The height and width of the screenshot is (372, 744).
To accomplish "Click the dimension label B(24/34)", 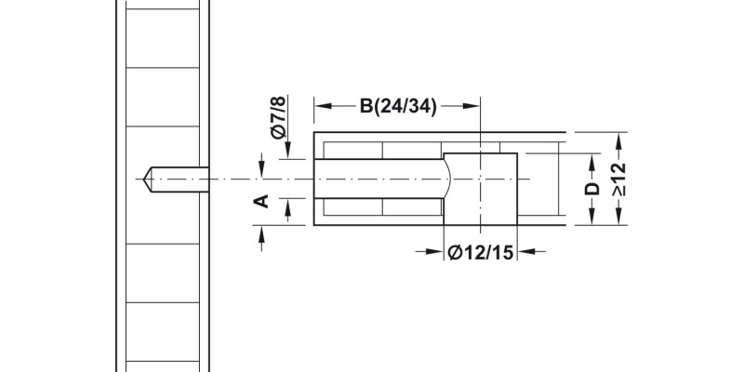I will [x=398, y=105].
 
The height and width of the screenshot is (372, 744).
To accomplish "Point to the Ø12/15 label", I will [x=480, y=251].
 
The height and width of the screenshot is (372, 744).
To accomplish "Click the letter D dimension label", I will [x=591, y=190].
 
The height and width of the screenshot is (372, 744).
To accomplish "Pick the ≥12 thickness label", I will [x=620, y=179].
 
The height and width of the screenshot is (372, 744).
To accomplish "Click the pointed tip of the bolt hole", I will [x=146, y=177].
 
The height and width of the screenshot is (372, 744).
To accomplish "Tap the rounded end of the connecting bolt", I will [x=448, y=177].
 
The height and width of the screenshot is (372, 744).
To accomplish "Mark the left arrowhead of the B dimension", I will [x=322, y=105].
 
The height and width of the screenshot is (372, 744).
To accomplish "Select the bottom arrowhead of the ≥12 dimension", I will [x=620, y=220].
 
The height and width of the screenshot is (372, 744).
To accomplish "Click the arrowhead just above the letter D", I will [x=591, y=160].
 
